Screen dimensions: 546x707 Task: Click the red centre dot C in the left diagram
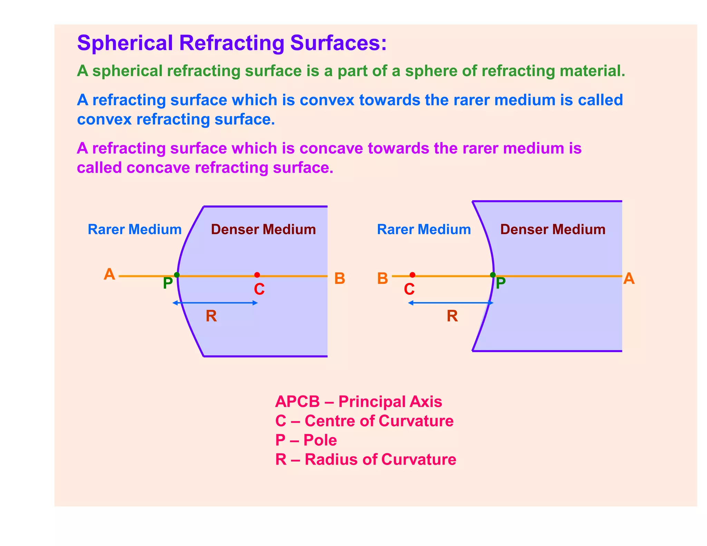[x=257, y=275]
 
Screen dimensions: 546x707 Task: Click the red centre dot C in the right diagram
[x=412, y=275]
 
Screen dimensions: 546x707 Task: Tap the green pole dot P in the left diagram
[x=177, y=275]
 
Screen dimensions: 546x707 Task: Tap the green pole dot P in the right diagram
[x=493, y=275]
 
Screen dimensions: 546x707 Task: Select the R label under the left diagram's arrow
[x=211, y=316]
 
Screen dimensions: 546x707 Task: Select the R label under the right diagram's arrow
[x=452, y=316]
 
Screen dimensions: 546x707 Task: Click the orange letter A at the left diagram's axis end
[x=109, y=275]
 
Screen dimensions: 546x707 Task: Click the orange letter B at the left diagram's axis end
[x=340, y=279]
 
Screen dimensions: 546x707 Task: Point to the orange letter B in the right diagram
[x=382, y=279]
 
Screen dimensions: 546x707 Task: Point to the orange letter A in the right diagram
[x=629, y=279]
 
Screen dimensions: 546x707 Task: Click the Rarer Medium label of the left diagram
[x=135, y=230]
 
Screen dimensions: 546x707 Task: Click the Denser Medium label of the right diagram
[x=553, y=230]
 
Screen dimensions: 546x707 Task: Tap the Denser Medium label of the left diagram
[x=263, y=230]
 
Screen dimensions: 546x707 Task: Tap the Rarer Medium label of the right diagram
[x=424, y=230]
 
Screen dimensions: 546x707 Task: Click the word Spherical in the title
[x=125, y=43]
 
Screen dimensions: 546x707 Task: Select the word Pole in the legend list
[x=320, y=440]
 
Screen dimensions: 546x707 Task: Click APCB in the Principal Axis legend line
[x=298, y=402]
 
